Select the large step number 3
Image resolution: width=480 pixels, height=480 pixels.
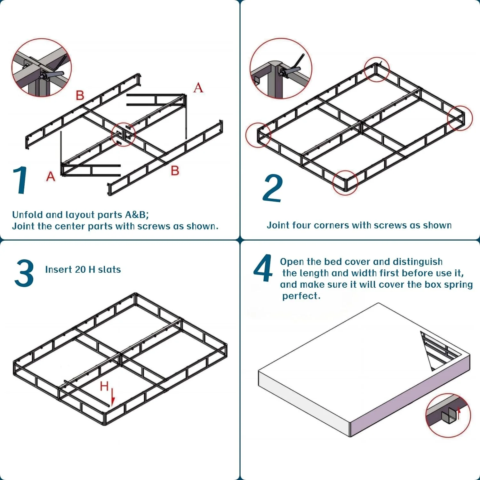24,273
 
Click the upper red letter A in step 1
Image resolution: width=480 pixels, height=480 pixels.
198,87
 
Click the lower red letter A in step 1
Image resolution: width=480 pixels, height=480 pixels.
51,176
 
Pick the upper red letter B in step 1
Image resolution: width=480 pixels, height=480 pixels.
80,95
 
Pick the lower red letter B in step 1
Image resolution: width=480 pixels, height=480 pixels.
175,171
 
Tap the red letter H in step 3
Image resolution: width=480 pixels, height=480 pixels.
104,386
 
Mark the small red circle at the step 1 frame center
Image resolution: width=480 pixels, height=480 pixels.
123,134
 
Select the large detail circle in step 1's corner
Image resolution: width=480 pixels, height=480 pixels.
42,68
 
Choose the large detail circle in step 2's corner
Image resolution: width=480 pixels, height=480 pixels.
281,68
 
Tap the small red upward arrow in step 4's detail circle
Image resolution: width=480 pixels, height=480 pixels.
459,413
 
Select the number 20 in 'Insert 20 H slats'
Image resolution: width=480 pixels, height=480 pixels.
80,269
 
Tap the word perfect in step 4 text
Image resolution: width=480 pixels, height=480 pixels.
301,296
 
